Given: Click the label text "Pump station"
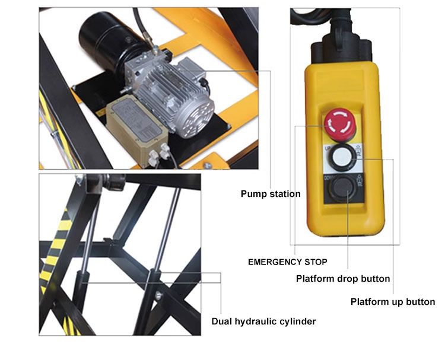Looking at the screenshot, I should click(270, 194).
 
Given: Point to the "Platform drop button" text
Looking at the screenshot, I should click(342, 279).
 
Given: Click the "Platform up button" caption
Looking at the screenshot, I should click(392, 302).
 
